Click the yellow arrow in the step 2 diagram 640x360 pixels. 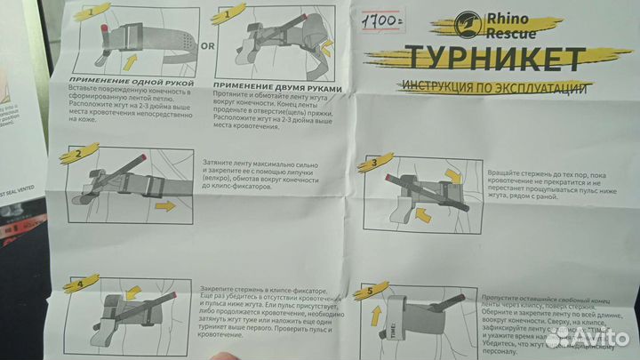pos(165,206)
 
